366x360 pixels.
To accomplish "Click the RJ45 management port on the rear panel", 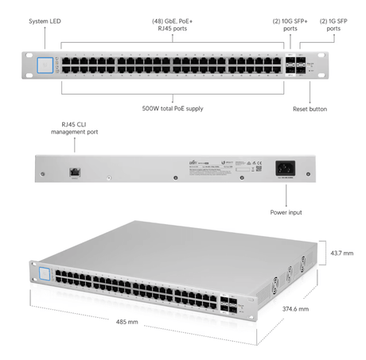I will [x=75, y=170].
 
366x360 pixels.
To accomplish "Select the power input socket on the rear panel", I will [x=285, y=168].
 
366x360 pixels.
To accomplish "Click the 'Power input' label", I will [x=286, y=213].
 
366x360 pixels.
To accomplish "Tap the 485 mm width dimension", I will [x=127, y=323].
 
